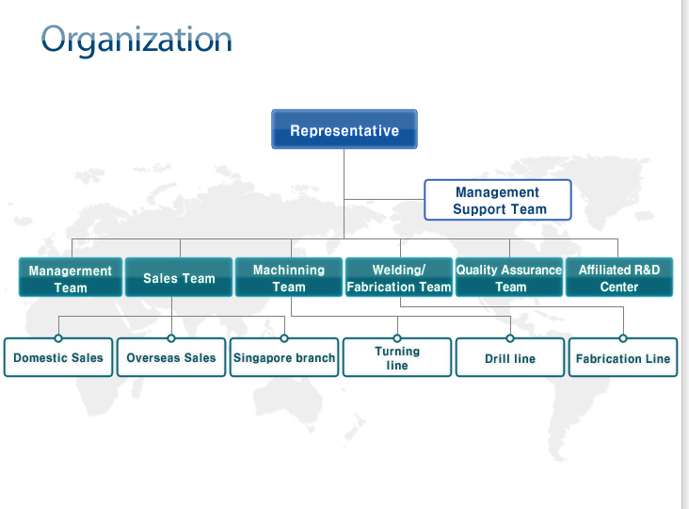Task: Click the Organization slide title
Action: (136, 41)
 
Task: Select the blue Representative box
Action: (344, 129)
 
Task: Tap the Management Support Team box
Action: (498, 200)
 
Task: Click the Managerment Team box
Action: (71, 277)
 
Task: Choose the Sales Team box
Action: (179, 277)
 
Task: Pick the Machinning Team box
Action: (289, 277)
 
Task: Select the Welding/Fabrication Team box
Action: (399, 277)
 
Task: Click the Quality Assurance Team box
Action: (509, 277)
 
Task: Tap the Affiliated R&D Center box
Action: (619, 277)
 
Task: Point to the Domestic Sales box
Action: (58, 357)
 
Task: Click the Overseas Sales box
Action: (171, 357)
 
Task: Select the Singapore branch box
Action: (284, 357)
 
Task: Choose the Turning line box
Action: (397, 357)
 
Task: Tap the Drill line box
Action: (510, 357)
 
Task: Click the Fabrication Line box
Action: (623, 357)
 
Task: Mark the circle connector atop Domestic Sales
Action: (58, 338)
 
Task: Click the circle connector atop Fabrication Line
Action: (623, 338)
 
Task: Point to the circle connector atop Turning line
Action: (397, 338)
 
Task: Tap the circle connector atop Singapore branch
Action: (284, 338)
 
